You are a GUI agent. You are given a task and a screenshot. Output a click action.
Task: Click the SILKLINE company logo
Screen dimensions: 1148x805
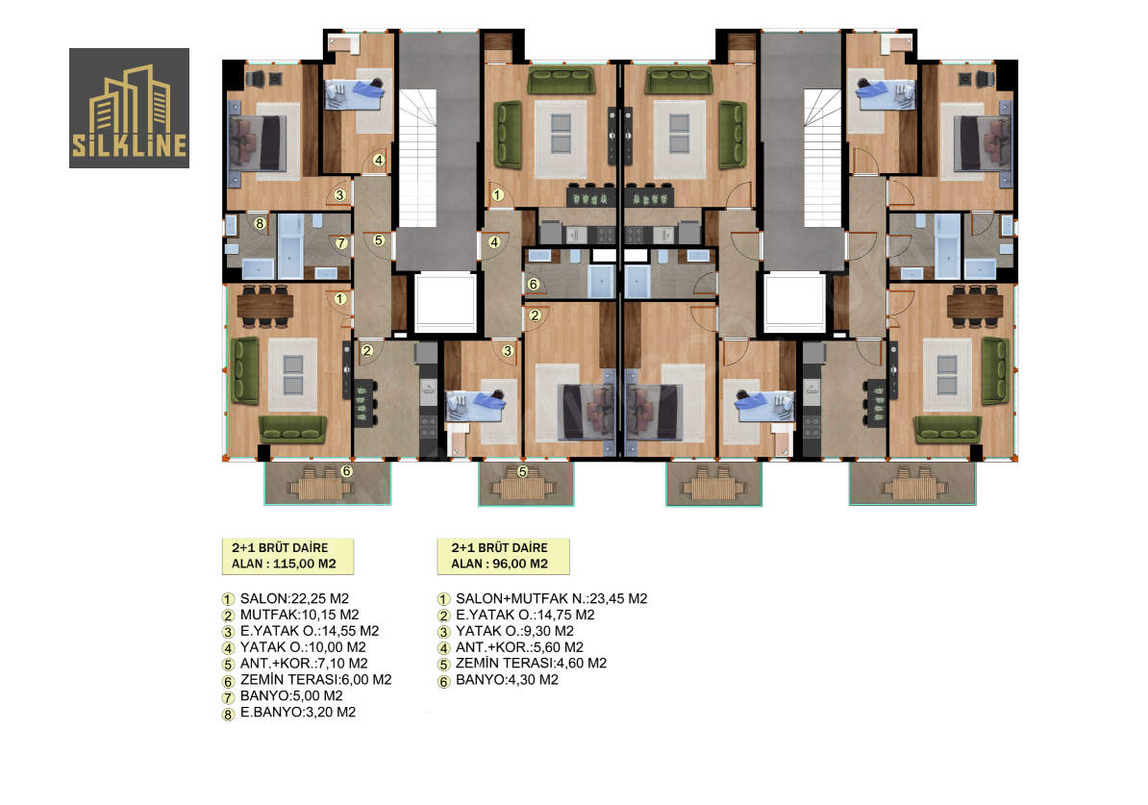129,109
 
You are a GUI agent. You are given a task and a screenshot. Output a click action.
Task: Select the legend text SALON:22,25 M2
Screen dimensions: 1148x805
294,598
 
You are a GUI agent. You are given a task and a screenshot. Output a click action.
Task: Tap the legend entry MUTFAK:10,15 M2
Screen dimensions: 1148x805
299,615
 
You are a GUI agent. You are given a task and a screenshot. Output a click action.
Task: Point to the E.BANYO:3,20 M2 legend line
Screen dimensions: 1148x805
298,712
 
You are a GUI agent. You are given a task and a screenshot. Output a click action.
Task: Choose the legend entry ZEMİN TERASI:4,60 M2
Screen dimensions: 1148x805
531,663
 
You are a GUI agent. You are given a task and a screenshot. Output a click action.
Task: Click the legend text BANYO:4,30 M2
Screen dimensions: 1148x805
507,680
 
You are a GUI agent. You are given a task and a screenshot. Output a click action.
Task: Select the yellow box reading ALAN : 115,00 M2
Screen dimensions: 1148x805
287,556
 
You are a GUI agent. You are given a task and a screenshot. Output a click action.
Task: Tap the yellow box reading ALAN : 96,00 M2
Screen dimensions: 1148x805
503,556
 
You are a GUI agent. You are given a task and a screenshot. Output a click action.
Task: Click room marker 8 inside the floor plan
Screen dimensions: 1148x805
260,223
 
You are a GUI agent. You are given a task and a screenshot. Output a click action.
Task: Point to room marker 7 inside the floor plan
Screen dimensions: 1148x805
341,242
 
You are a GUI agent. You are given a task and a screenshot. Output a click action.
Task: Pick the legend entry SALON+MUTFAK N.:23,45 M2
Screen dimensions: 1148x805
551,598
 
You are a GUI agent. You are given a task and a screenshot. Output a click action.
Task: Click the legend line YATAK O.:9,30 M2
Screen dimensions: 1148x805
514,631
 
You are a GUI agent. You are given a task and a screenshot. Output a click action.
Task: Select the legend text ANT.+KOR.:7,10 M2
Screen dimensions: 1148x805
304,663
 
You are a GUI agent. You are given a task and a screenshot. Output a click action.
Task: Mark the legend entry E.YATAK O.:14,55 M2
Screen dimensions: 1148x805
310,631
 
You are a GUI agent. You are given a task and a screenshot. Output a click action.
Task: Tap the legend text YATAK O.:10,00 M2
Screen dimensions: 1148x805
303,646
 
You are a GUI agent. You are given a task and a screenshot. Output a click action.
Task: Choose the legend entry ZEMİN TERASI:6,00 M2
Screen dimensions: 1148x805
315,679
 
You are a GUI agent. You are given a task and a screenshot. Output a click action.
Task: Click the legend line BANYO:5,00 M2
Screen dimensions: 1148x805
291,695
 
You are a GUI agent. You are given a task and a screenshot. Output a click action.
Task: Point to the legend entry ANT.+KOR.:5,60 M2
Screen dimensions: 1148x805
519,646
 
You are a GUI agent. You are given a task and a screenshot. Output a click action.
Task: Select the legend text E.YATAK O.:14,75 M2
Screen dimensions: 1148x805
525,615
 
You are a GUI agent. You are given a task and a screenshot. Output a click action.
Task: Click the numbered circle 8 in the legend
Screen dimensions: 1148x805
228,715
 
